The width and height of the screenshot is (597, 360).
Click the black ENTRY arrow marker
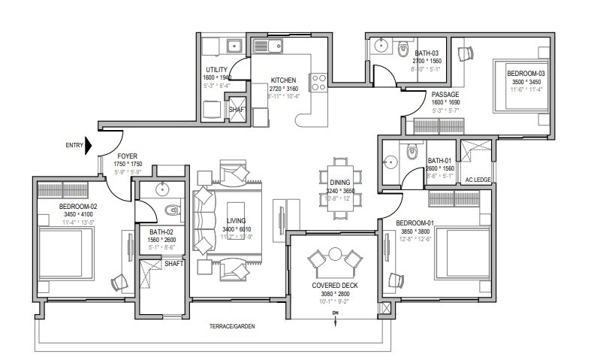pyautogui.click(x=89, y=144)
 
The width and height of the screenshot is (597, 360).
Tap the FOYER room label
pyautogui.click(x=125, y=156)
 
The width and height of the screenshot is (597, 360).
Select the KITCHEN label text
pyautogui.click(x=283, y=80)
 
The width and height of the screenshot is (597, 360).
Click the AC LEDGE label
pyautogui.click(x=478, y=180)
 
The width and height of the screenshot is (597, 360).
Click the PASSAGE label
pyautogui.click(x=445, y=94)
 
